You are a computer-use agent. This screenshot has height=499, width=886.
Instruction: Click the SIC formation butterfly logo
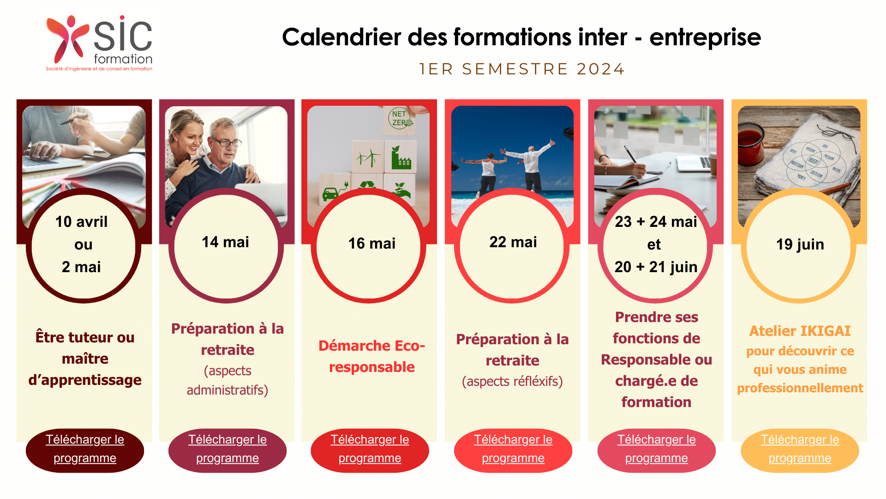pos(67,39)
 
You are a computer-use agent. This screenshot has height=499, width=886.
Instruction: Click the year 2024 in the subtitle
pos(600,69)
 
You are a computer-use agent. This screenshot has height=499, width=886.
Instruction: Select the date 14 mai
pos(225,242)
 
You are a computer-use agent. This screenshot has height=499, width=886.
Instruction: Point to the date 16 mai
pos(371,243)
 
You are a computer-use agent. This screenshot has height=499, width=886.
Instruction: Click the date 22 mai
pos(513,242)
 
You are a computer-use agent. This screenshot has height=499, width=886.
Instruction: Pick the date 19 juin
pos(800,244)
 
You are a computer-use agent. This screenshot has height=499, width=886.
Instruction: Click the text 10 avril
pos(82,222)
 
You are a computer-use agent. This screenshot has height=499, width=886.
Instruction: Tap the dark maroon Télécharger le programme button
pos(85,450)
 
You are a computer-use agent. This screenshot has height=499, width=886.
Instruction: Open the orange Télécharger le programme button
pos(800,450)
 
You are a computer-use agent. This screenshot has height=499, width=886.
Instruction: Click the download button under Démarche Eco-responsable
pos(370,450)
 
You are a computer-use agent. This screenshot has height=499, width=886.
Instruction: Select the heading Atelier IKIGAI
pos(800,331)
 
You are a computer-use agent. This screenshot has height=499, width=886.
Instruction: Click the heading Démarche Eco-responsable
pos(371,356)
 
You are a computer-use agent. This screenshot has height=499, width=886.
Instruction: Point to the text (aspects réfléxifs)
pos(512,382)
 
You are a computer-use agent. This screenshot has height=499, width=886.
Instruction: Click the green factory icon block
pos(401,158)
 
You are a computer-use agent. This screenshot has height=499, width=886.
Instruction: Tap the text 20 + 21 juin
pos(656,267)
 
